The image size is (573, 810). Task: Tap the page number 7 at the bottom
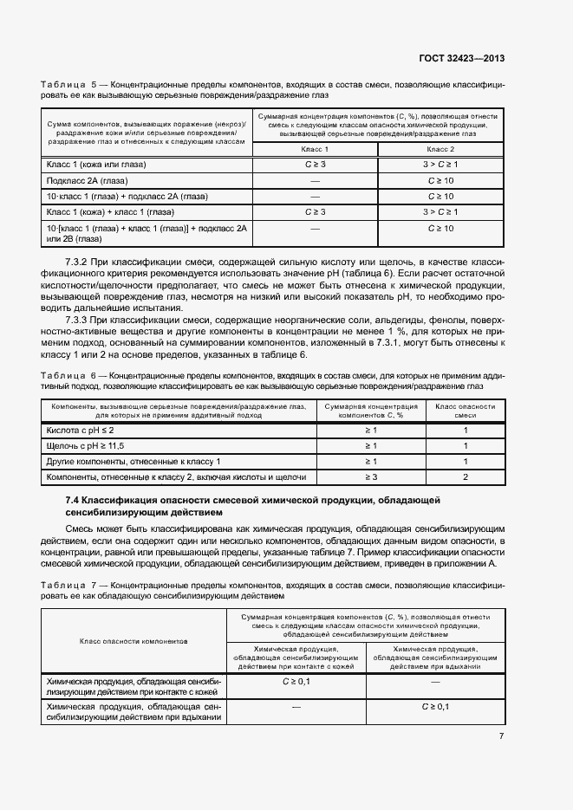[x=501, y=736]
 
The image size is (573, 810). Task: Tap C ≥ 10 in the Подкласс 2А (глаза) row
[x=440, y=180]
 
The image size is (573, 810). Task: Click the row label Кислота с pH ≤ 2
[x=81, y=430]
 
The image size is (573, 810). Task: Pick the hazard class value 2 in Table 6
[x=465, y=476]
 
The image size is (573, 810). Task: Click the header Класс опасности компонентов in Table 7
[x=133, y=641]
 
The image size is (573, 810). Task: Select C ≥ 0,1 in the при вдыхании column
[x=435, y=707]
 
